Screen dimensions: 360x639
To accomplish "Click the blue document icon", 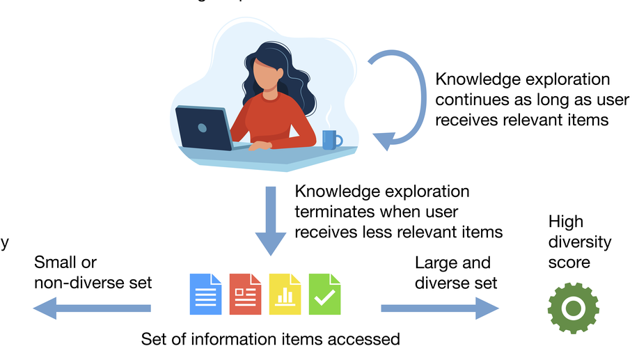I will point(206,293).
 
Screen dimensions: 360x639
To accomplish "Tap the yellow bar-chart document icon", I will point(285,293).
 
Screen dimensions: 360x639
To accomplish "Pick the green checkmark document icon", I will point(324,293).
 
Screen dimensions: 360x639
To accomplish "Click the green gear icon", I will point(574,307).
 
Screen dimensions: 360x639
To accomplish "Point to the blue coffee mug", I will point(331,139).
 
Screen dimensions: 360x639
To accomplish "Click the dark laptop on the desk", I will point(203,129).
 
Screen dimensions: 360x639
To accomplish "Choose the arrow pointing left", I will point(90,307).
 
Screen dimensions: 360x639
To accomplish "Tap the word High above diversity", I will point(565,223).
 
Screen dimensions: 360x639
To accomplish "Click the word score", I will point(569,263).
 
